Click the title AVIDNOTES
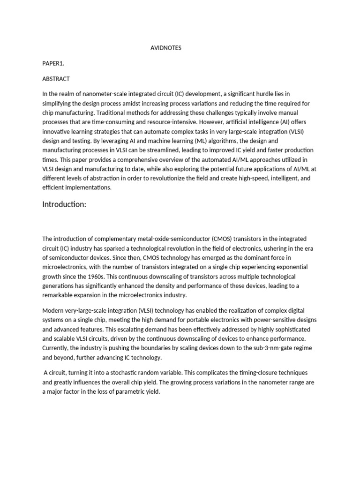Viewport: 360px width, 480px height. click(165, 48)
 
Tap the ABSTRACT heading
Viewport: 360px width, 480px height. click(56, 79)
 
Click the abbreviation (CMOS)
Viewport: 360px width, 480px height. click(212, 239)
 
